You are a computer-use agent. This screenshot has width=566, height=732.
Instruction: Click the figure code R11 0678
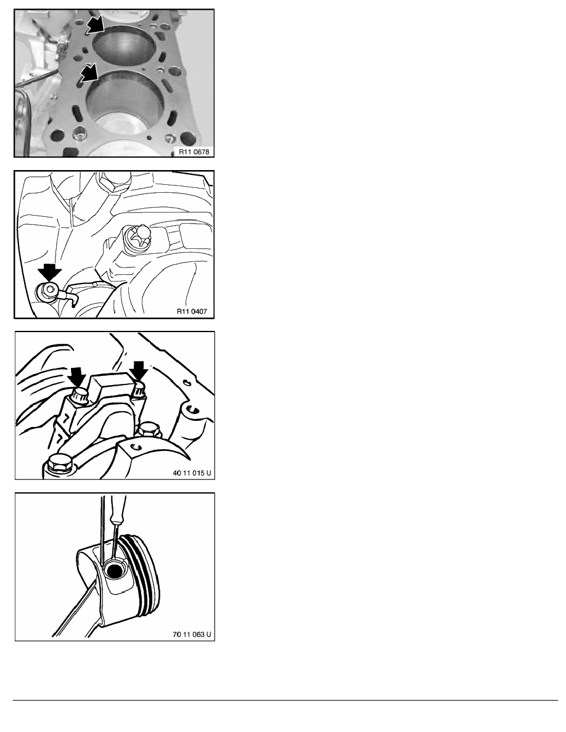[x=194, y=151]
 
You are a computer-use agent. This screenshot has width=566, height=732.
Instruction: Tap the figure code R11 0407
[x=192, y=311]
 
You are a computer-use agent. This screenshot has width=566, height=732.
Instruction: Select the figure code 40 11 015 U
[x=192, y=473]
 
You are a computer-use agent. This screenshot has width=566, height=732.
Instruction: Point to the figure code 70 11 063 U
[x=192, y=635]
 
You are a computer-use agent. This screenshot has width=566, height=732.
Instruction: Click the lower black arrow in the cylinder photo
[x=89, y=73]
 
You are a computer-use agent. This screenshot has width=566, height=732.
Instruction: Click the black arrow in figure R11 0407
[x=49, y=272]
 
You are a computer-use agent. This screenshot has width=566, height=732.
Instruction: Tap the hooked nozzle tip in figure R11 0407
[x=73, y=299]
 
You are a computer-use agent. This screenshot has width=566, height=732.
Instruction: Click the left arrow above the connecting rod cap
[x=76, y=376]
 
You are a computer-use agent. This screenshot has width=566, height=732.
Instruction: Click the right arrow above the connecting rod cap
[x=138, y=371]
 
